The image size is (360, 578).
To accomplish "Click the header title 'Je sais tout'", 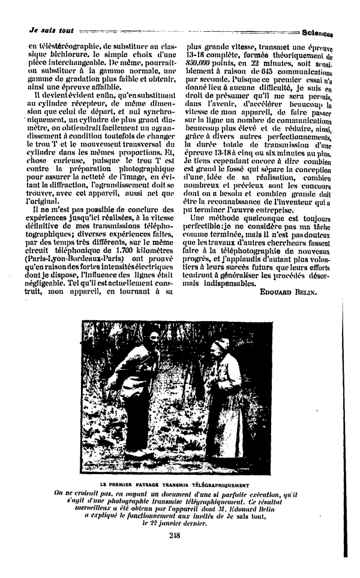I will coord(51,29).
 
